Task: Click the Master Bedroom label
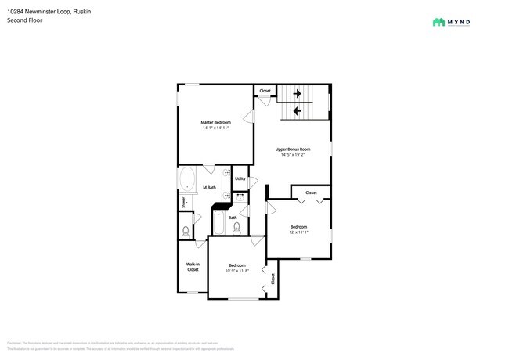(x=215, y=122)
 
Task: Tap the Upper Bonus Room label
(x=293, y=149)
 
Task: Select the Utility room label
(x=240, y=178)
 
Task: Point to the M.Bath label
(x=210, y=188)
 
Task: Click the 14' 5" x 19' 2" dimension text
(x=293, y=155)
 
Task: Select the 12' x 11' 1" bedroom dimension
(x=298, y=232)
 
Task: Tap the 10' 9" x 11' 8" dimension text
(x=237, y=271)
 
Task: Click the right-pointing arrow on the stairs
(x=297, y=94)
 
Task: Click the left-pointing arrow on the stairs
(x=297, y=111)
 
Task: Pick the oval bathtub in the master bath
(x=188, y=181)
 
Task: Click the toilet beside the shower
(x=186, y=232)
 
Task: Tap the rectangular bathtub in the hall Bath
(x=220, y=225)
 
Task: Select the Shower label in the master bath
(x=185, y=202)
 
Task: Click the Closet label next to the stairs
(x=265, y=91)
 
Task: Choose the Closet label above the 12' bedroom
(x=311, y=193)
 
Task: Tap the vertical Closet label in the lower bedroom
(x=273, y=278)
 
